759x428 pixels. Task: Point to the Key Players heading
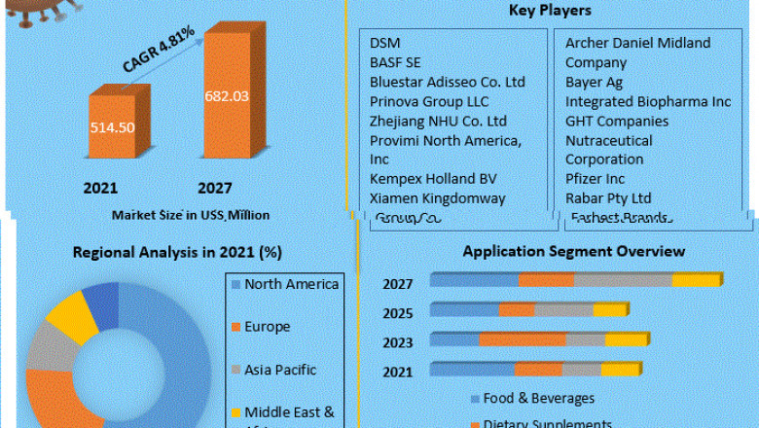(x=550, y=11)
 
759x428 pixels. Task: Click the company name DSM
(x=384, y=43)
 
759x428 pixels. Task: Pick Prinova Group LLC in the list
(x=429, y=101)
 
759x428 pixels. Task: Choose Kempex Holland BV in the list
(x=432, y=179)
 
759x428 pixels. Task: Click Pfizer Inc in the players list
(x=596, y=179)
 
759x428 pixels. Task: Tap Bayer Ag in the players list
(x=594, y=82)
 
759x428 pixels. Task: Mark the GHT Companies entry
(x=617, y=121)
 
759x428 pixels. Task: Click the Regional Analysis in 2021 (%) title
(x=177, y=252)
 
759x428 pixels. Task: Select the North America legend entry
(x=291, y=284)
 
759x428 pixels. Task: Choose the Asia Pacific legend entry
(x=280, y=370)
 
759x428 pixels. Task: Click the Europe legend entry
(x=267, y=327)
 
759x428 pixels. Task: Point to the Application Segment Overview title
(x=573, y=251)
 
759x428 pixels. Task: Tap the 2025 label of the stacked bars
(x=397, y=313)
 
